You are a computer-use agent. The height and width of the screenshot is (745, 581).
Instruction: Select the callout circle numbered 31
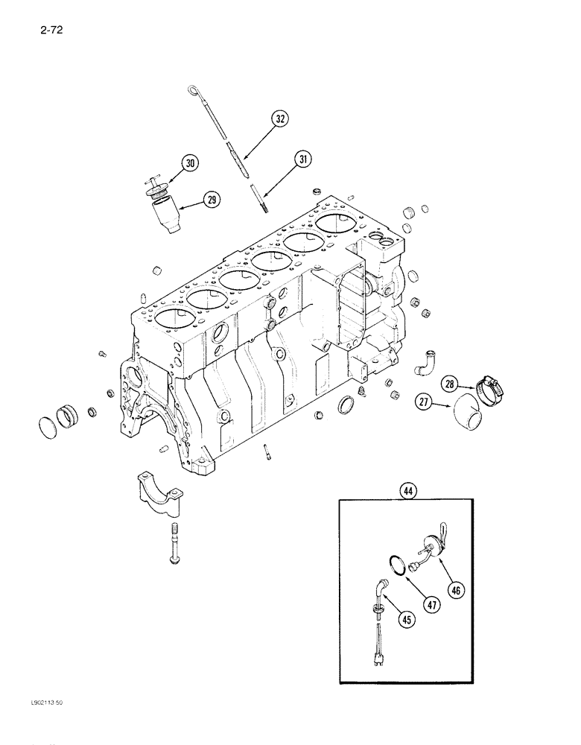click(x=302, y=159)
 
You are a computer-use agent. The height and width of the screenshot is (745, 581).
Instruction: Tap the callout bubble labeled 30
click(x=190, y=164)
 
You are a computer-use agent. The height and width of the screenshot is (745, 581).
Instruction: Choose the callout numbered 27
click(x=425, y=402)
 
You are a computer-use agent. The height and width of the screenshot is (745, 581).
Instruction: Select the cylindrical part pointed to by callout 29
click(x=168, y=218)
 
